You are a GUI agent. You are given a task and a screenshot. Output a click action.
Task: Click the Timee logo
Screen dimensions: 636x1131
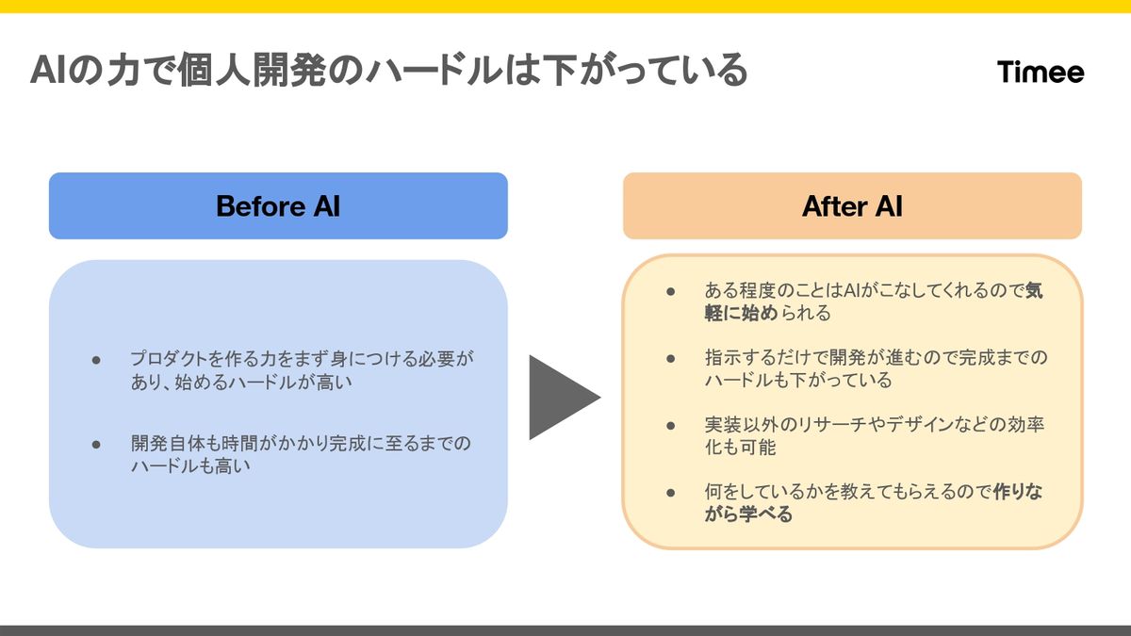(x=1041, y=73)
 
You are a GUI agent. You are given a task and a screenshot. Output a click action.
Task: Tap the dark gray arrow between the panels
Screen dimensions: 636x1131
(x=560, y=397)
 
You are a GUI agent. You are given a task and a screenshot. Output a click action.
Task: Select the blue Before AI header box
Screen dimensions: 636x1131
(x=278, y=205)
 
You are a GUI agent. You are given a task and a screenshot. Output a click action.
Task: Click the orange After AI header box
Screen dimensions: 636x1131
(x=852, y=205)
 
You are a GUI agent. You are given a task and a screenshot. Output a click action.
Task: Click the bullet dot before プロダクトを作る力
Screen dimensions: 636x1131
(x=96, y=360)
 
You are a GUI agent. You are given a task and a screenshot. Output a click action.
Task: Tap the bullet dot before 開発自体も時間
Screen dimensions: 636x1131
(x=96, y=443)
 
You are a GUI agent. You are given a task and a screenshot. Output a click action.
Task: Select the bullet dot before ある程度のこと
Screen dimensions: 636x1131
(x=671, y=291)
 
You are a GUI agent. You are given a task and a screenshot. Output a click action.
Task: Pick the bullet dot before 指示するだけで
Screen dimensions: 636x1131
(x=671, y=358)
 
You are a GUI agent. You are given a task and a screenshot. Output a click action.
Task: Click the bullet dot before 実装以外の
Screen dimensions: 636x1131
(x=671, y=425)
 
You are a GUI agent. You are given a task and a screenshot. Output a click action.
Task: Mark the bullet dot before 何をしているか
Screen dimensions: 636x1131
(x=671, y=492)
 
